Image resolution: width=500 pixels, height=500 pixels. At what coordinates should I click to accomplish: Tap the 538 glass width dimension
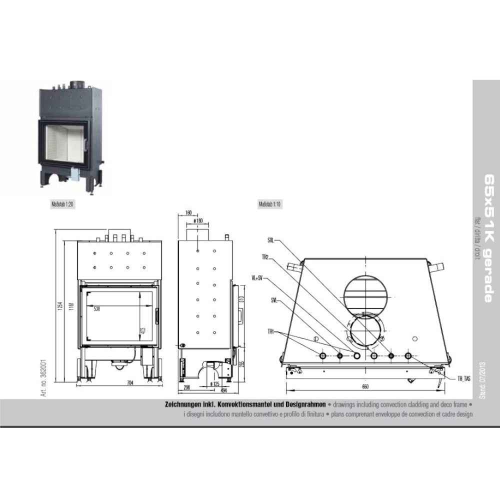(96, 309)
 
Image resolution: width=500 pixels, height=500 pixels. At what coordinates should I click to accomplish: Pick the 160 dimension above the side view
(188, 212)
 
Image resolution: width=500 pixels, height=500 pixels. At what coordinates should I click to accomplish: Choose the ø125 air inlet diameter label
(215, 384)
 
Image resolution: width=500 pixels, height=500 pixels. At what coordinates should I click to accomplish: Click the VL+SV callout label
(257, 278)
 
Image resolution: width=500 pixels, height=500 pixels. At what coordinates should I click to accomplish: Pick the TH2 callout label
(265, 258)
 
